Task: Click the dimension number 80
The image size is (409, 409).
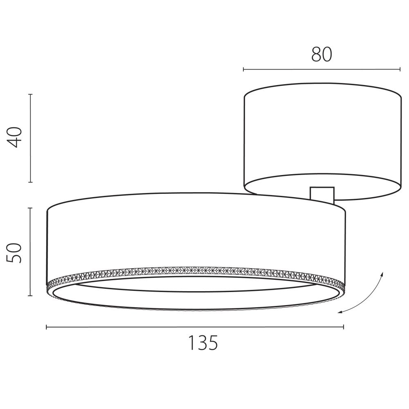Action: tap(321, 54)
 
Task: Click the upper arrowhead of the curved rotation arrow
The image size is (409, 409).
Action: tap(383, 273)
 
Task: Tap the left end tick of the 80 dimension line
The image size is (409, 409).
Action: tap(244, 70)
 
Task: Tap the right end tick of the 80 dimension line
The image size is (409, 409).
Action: tap(400, 70)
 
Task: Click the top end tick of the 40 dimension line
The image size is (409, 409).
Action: tap(31, 94)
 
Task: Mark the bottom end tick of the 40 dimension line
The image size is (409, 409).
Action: tap(31, 182)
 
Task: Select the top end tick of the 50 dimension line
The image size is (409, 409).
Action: tap(31, 208)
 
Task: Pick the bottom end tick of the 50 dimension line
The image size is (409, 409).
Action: tap(31, 296)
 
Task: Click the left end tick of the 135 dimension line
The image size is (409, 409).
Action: tap(47, 326)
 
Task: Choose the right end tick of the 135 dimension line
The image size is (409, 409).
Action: tap(344, 326)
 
